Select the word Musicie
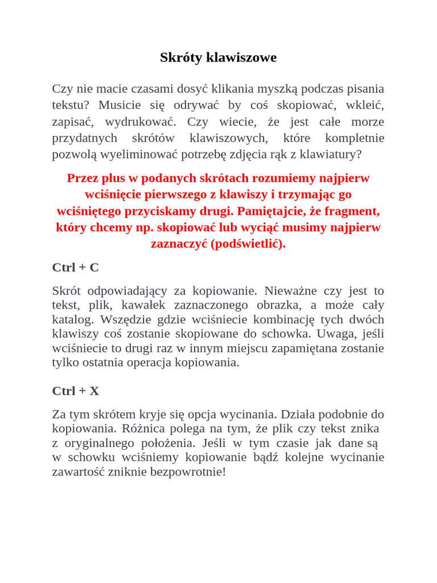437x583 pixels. click(x=119, y=105)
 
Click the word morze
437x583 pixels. click(x=368, y=122)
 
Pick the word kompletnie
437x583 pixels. click(x=354, y=138)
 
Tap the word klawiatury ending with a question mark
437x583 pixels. click(x=331, y=155)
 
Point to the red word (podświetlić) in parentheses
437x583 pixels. click(x=248, y=244)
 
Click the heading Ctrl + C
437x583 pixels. click(x=75, y=268)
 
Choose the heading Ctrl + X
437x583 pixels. click(x=75, y=391)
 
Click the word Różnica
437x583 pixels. click(x=141, y=429)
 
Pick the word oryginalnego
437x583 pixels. click(x=96, y=443)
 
